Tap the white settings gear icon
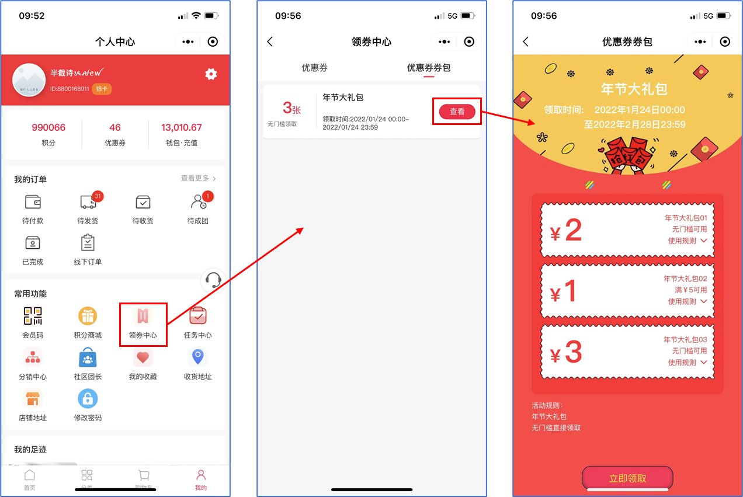point(211,74)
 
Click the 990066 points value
point(48,127)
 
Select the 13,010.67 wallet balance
point(182,127)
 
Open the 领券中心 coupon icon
point(143,316)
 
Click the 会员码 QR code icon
point(33,315)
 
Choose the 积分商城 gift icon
point(88,316)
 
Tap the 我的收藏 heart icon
point(143,357)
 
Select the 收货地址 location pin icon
point(198,357)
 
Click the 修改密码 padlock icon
point(88,398)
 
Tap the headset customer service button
point(213,280)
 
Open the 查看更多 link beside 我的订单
point(198,178)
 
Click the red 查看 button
point(457,112)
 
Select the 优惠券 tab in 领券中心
point(314,68)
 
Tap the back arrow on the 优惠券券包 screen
point(526,42)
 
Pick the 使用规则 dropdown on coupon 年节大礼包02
point(687,301)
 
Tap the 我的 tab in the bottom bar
point(201,479)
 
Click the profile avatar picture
point(29,80)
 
